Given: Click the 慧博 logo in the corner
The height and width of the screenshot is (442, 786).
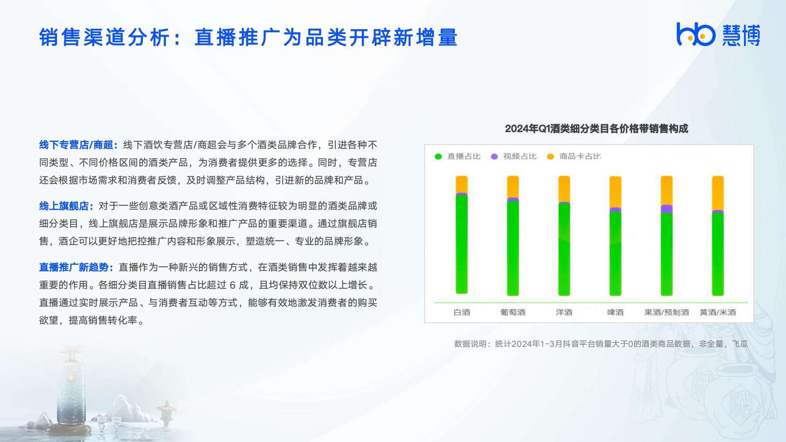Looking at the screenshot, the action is coord(718,34).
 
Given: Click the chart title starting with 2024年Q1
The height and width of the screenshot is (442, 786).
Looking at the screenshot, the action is coord(596,129).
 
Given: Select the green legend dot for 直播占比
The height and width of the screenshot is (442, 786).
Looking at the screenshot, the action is coord(438,156).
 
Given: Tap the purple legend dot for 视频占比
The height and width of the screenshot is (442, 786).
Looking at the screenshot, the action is coord(495,156).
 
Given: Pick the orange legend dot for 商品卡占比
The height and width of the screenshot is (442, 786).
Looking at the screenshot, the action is coord(550,156).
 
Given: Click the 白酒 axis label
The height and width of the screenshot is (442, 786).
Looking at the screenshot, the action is coord(462,312).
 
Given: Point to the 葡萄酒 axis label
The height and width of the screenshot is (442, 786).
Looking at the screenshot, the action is coord(513,312).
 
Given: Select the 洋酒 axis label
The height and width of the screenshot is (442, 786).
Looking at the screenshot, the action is coord(564,312).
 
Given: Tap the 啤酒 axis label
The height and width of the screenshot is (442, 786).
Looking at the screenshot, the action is coord(615,312).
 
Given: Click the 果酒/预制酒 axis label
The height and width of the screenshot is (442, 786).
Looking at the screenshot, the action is coord(667,312).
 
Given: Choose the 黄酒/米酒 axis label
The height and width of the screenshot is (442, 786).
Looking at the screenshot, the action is coord(718,312).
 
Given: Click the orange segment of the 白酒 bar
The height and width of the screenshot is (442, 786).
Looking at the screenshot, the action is coord(462,184).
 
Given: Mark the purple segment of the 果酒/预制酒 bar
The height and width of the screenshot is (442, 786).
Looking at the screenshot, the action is coord(667,209).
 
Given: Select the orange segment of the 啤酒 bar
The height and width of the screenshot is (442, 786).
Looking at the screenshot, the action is coord(615,192).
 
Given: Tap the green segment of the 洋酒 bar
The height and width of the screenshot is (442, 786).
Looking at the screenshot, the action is coord(564,249).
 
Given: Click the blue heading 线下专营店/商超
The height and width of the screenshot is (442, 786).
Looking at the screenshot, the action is coord(78,145).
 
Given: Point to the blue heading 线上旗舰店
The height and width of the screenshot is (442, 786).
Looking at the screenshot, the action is coord(66,206).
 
